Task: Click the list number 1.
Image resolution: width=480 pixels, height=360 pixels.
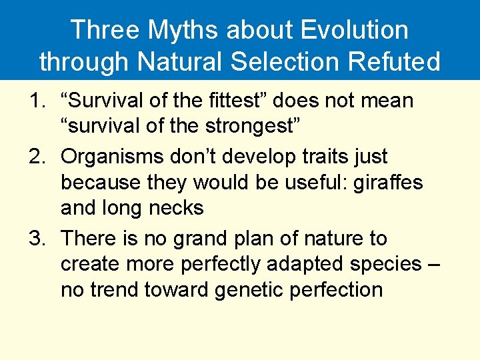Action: click(x=34, y=101)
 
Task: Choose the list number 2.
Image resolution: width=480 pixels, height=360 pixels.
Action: click(x=34, y=157)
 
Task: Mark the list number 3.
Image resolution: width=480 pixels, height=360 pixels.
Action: click(x=34, y=239)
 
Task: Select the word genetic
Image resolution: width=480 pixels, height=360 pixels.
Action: click(x=252, y=290)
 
